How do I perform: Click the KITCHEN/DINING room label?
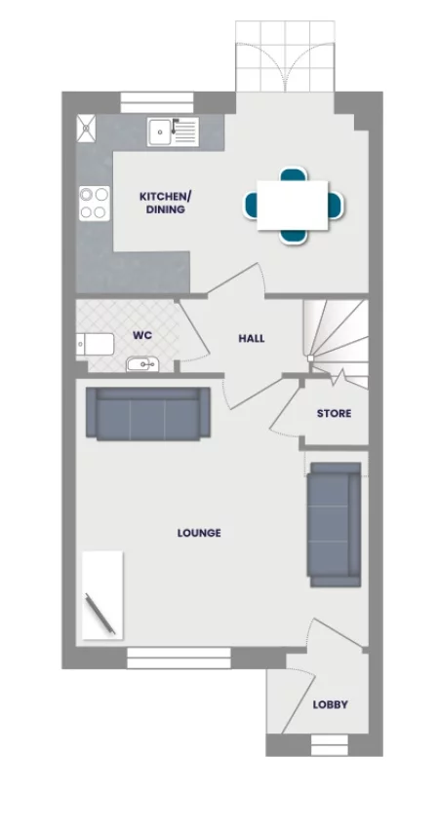click(x=164, y=203)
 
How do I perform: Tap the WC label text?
click(x=142, y=335)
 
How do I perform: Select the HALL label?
click(x=252, y=339)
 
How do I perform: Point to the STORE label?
click(x=334, y=414)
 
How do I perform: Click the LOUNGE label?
click(x=199, y=533)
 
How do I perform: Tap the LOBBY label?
click(x=330, y=704)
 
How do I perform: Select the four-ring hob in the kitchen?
click(x=94, y=202)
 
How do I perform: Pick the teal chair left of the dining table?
click(x=251, y=205)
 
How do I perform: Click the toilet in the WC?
click(x=93, y=342)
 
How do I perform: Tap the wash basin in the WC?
click(x=141, y=365)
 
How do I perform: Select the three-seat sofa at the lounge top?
click(x=148, y=414)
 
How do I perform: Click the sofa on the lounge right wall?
click(x=333, y=526)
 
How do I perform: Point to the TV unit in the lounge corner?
click(x=102, y=595)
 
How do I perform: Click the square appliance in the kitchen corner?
click(x=86, y=125)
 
